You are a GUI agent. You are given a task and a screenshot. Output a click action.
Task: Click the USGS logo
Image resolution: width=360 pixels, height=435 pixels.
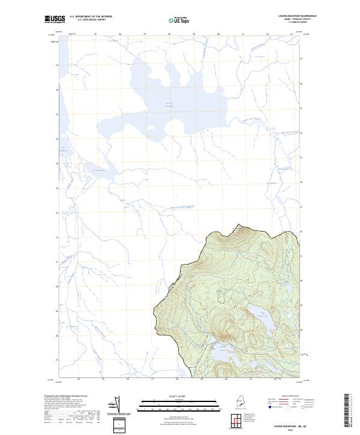point(55,19)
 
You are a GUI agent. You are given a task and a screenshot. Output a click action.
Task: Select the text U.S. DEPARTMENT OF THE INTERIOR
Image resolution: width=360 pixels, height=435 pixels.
point(91,17)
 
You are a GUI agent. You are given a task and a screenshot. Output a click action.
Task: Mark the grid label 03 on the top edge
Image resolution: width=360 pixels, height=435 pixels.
point(292,34)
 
